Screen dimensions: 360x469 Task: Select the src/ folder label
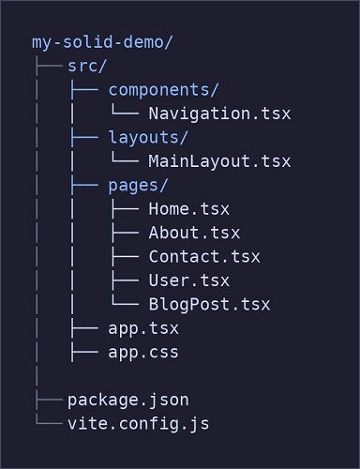(86, 66)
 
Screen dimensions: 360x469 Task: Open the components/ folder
(164, 90)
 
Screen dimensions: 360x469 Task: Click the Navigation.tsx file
(219, 113)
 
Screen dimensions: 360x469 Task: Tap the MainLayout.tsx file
(219, 161)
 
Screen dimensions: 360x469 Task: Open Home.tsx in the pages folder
(188, 208)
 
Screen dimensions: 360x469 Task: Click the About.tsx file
(194, 233)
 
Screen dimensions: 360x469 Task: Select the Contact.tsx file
(204, 256)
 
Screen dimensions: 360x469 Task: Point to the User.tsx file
(188, 280)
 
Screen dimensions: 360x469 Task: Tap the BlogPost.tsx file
(209, 304)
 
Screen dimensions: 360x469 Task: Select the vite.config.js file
(138, 424)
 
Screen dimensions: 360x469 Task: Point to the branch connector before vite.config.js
(46, 424)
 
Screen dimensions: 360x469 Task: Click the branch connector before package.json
(46, 400)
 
